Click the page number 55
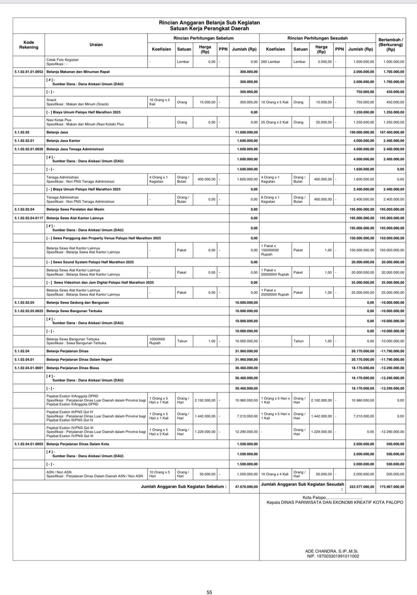coord(209,592)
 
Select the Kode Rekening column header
coord(29,45)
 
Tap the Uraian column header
coord(96,45)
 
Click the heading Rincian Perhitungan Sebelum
coord(203,38)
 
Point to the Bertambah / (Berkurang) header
coord(391,44)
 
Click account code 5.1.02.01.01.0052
coord(29,72)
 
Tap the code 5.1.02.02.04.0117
coord(29,218)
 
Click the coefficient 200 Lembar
coord(270,62)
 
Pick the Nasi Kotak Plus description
coord(59,120)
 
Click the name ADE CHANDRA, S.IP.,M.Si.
coord(332,551)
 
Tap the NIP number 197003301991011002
coord(333,556)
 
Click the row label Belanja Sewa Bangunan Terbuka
coord(74,311)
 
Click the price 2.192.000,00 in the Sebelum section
coord(205,401)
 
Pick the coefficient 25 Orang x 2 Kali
coord(275,122)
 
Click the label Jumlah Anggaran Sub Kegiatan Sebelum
coord(184,486)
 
